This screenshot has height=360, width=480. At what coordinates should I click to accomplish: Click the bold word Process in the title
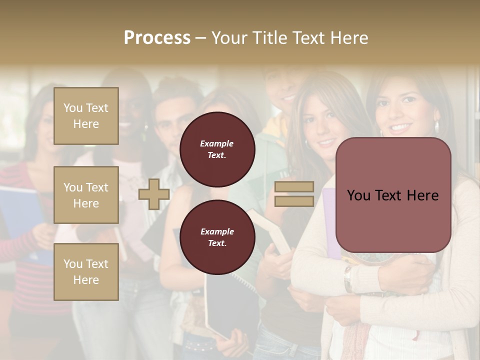point(157,38)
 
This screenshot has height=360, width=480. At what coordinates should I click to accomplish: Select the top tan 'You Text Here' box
point(86,116)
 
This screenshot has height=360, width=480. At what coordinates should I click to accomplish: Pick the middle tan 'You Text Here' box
point(86,195)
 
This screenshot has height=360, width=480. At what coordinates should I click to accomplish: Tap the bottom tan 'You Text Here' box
point(86,272)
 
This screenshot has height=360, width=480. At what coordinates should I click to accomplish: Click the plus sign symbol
point(154,194)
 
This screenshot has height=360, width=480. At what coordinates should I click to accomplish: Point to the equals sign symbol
point(294,194)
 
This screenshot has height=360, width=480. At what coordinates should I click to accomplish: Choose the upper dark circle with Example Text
point(217,149)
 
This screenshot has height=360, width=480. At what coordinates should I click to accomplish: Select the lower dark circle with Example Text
point(217,237)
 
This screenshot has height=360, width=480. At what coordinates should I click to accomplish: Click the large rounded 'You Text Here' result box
point(393,195)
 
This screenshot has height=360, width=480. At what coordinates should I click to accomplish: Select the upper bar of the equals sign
point(294,186)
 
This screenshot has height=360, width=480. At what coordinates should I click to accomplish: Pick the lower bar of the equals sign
point(294,201)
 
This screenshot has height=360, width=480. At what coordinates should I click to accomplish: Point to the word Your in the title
point(228,38)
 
